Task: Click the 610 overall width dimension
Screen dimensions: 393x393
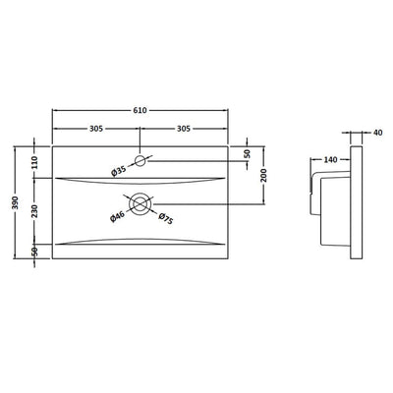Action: coord(140,111)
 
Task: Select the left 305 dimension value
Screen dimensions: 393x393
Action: coord(96,129)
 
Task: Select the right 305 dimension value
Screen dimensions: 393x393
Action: coord(184,129)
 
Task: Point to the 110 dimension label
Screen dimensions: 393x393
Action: coord(34,162)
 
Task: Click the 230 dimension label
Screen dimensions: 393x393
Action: coord(34,211)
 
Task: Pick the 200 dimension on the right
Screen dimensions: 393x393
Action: coord(264,175)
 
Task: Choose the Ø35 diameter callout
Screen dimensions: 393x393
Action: coord(119,171)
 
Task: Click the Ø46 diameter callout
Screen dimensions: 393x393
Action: coord(117,217)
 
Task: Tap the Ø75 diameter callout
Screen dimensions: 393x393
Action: coord(166,219)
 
